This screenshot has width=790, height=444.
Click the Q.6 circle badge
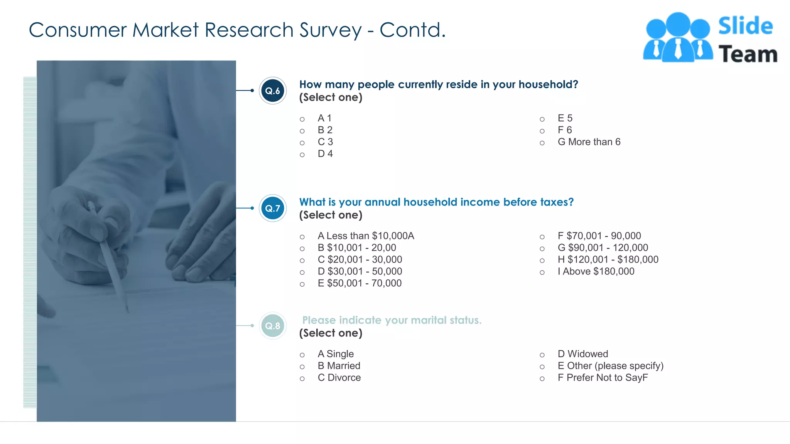point(273,91)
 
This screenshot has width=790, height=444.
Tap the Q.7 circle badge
point(273,209)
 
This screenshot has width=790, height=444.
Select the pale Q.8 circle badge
point(273,326)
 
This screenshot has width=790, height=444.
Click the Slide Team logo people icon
point(678,38)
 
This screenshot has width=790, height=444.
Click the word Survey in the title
point(331,30)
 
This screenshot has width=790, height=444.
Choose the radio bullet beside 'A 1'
point(302,119)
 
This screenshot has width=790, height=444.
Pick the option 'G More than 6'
point(589,142)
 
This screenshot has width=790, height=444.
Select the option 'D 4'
point(325,154)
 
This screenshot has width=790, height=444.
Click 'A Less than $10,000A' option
point(366,236)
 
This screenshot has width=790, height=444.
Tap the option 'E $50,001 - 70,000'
point(360,283)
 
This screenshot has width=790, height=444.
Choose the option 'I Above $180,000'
point(596,271)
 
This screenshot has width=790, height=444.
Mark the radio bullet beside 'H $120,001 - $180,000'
point(542,261)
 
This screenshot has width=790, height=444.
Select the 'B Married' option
point(339,366)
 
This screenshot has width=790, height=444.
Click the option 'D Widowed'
point(582,354)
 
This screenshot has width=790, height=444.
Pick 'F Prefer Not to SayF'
point(603,378)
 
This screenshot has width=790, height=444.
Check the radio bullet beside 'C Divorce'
point(302,379)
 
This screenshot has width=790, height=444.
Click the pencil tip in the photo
point(127,311)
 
